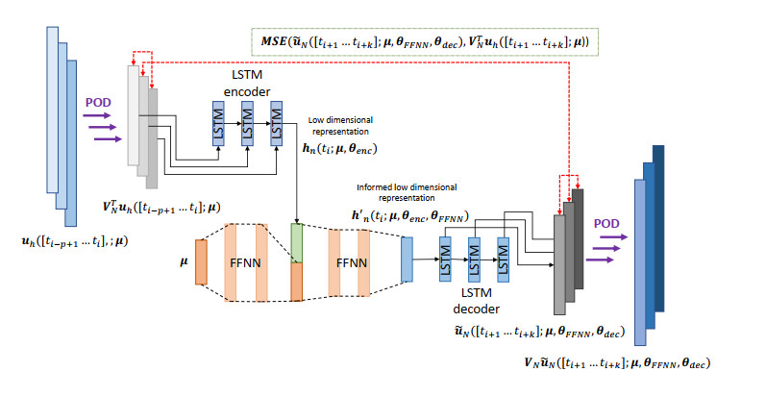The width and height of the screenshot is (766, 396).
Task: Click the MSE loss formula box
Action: (430, 40)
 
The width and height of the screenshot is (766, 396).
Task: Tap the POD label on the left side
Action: (99, 102)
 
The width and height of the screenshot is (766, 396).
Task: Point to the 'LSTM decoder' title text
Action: (478, 302)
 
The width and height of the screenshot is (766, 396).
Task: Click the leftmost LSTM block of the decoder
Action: (445, 258)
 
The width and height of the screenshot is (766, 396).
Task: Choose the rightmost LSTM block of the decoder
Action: (501, 258)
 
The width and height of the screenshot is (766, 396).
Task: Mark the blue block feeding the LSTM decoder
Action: (406, 260)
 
